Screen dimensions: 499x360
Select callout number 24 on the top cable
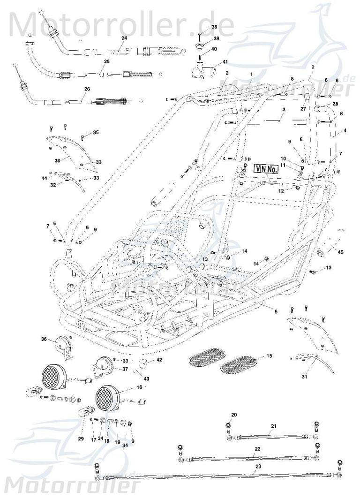[x=111, y=38]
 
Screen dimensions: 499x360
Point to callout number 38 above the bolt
[x=214, y=27]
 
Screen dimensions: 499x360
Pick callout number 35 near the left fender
[x=96, y=133]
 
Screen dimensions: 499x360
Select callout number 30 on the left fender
[x=57, y=160]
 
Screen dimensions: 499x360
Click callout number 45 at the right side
[x=340, y=252]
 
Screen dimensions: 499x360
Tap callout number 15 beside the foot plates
[x=269, y=356]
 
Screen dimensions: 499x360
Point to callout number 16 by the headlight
[x=139, y=387]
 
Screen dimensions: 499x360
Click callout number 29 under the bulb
[x=81, y=439]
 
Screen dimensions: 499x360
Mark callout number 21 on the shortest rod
[x=273, y=426]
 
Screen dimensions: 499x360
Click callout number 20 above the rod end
[x=234, y=415]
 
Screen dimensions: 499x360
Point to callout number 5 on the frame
[x=276, y=311]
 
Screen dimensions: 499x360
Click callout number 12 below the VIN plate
[x=281, y=191]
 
